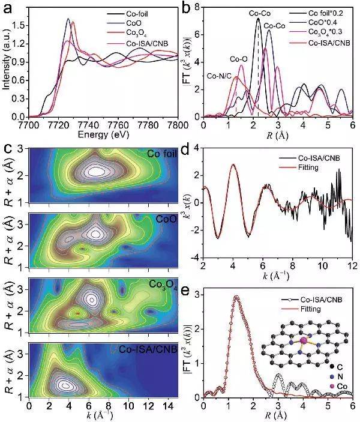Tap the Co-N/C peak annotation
(x=220, y=75)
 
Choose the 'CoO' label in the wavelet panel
(x=166, y=219)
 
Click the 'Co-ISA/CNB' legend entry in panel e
(x=316, y=299)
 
